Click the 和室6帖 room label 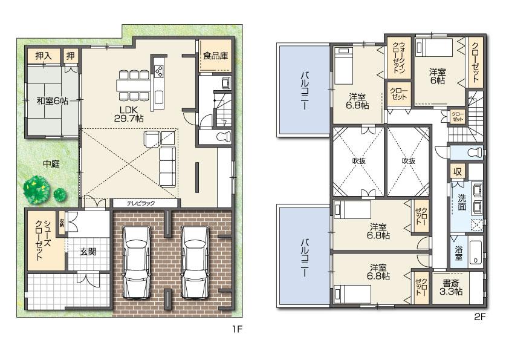point(51,101)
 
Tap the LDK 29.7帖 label point(131,114)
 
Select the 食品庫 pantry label point(215,56)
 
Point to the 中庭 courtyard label point(51,163)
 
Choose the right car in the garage point(194,261)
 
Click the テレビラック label point(141,203)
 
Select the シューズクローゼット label point(41,240)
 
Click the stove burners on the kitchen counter point(159,71)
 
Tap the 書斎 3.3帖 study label point(451,287)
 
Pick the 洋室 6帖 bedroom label point(438,76)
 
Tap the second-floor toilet point(473,151)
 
